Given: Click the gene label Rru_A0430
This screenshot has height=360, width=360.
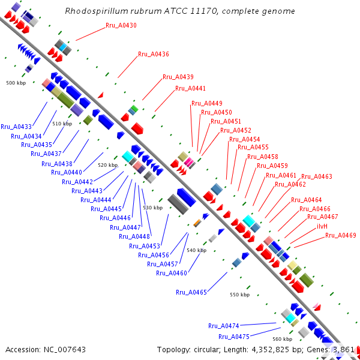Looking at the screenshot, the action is [x=121, y=25].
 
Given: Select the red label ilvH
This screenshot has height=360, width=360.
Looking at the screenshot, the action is [x=322, y=226].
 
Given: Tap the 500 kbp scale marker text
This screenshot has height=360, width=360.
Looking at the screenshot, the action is [x=16, y=83].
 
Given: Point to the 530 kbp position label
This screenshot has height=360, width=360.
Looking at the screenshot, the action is [x=153, y=208].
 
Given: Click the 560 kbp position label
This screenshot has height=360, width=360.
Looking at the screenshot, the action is [x=283, y=339].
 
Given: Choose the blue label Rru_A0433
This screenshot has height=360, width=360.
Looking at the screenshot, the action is [x=16, y=127].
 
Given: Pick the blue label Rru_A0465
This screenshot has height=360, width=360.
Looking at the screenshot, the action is [x=191, y=292].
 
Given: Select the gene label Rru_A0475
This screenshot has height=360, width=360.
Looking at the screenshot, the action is [x=234, y=337].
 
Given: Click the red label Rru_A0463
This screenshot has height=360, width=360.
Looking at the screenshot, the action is [x=317, y=176].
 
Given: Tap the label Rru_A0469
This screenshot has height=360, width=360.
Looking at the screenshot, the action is [x=341, y=235].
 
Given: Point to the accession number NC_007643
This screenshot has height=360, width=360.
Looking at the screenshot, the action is [x=65, y=350].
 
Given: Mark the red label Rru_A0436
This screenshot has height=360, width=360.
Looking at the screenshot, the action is [x=154, y=54].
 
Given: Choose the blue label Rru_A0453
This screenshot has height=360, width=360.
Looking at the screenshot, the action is [x=145, y=246].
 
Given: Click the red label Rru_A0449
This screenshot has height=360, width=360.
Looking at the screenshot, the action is [x=207, y=103].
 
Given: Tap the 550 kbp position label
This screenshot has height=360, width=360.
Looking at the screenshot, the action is [x=239, y=295].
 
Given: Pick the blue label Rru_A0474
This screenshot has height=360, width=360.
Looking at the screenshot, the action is [x=224, y=326].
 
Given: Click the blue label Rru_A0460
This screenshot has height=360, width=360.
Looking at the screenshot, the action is [x=172, y=273].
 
